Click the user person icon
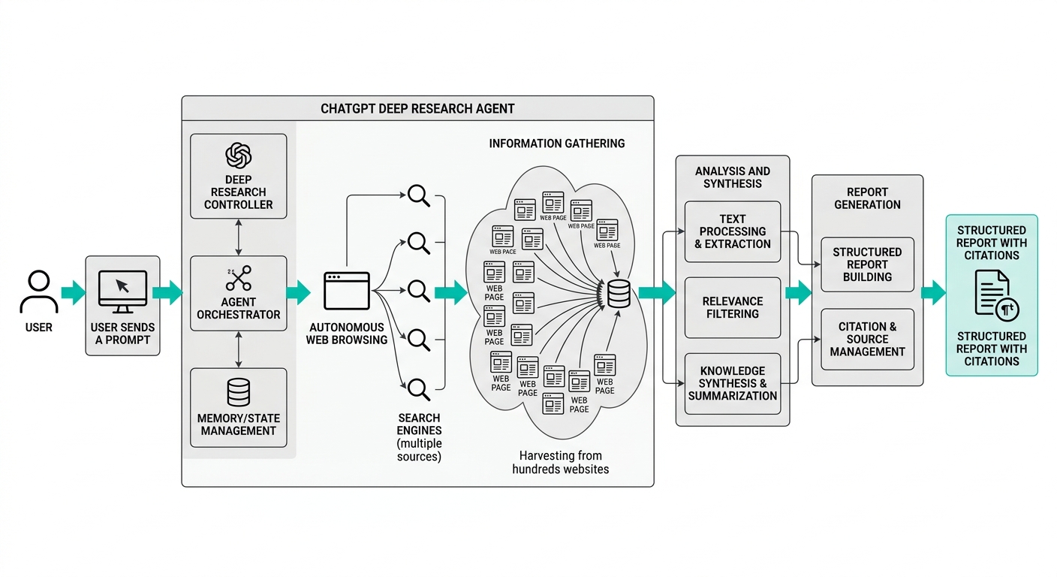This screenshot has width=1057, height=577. pos(39,292)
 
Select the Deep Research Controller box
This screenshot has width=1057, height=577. pos(239,177)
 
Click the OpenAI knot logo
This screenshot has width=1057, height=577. pos(239,156)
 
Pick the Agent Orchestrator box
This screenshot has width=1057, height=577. pos(239,294)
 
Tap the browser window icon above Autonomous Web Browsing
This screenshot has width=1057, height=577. pos(347,291)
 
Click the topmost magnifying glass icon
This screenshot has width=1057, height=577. pos(419,196)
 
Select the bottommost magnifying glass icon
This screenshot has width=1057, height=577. pos(419,388)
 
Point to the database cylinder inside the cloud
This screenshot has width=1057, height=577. pos(619,293)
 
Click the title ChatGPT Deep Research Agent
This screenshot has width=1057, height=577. pos(417,108)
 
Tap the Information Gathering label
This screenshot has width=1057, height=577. pos(556,143)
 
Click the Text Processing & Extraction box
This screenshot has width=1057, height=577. pos(733,231)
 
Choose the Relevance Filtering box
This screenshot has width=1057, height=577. pos(733,307)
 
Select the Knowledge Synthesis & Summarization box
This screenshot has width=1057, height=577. pos(733,383)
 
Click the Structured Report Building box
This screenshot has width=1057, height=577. pos(867,264)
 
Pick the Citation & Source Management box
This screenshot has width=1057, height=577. pos(867,339)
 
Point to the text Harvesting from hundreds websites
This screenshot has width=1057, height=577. pos(560,462)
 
